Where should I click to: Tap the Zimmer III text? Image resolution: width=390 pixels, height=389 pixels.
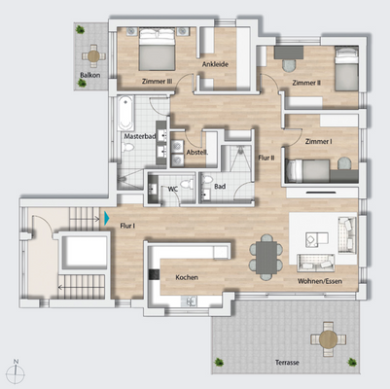[157, 83]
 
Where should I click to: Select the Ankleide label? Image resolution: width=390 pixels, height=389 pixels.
[215, 64]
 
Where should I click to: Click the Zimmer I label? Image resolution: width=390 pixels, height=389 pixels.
[317, 142]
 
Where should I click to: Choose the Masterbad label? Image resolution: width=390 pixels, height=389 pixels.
[141, 137]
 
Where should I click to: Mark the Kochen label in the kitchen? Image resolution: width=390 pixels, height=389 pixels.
[187, 278]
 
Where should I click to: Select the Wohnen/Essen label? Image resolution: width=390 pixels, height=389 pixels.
[318, 282]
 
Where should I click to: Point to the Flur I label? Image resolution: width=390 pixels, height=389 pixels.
[126, 225]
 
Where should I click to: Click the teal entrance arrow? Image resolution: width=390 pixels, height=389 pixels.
[107, 219]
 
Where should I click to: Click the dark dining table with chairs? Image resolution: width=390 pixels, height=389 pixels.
[266, 254]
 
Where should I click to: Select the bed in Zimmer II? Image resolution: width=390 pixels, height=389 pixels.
[344, 70]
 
